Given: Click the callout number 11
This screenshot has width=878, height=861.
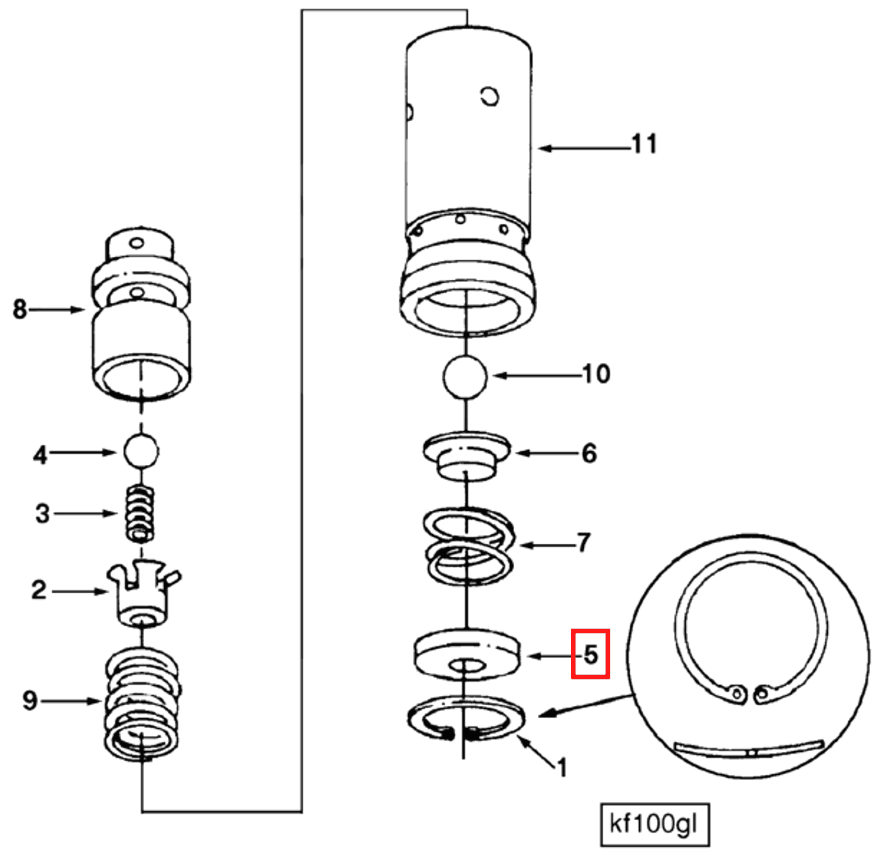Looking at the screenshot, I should click(x=644, y=144).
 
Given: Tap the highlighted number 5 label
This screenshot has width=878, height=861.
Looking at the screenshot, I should click(x=590, y=654).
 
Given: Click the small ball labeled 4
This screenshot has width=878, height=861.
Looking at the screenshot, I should click(x=141, y=451).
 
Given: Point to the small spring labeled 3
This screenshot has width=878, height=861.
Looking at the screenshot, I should click(x=140, y=514).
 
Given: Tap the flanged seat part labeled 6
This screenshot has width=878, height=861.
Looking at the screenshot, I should click(x=467, y=454).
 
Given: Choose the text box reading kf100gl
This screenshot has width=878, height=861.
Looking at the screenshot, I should click(x=654, y=824).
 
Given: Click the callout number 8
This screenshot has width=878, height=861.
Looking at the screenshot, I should click(x=20, y=309).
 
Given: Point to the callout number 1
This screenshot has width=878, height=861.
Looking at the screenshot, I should click(x=561, y=768).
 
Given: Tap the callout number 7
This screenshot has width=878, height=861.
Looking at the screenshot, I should click(x=584, y=543).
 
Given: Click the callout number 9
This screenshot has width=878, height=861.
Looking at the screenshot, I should click(x=30, y=701).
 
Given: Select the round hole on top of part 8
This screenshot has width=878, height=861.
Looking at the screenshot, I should click(x=137, y=243).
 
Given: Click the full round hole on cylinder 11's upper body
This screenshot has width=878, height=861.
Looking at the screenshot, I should click(x=490, y=96).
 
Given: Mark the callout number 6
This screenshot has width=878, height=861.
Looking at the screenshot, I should click(x=589, y=453).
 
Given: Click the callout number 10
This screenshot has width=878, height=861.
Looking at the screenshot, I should click(x=596, y=374).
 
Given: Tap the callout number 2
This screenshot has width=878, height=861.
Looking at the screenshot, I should click(x=39, y=591).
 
